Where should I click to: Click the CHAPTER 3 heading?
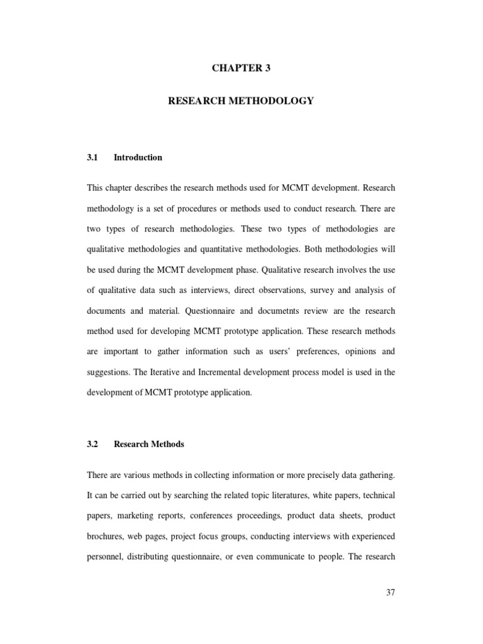pyautogui.click(x=241, y=69)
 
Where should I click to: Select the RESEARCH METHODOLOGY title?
pyautogui.click(x=241, y=101)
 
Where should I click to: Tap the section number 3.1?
pyautogui.click(x=93, y=158)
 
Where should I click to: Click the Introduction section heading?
pyautogui.click(x=138, y=158)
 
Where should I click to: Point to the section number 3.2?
pyautogui.click(x=93, y=444)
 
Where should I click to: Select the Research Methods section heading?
pyautogui.click(x=149, y=444)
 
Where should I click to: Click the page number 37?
pyautogui.click(x=390, y=592)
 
